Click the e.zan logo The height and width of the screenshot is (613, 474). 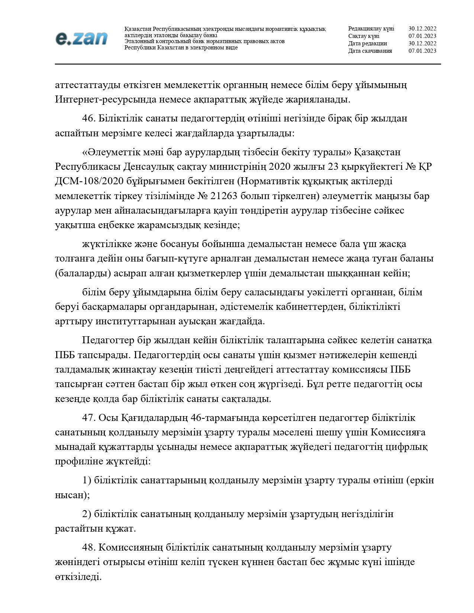[81, 38]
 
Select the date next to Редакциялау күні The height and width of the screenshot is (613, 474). [422, 29]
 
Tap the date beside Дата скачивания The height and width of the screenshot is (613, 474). [422, 51]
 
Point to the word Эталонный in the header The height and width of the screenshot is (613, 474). [137, 41]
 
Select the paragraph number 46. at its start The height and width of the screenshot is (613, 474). [89, 119]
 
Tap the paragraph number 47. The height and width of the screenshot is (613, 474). [89, 418]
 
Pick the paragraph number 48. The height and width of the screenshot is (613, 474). [89, 547]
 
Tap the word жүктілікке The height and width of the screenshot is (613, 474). [105, 244]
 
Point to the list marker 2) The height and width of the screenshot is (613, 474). [87, 514]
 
